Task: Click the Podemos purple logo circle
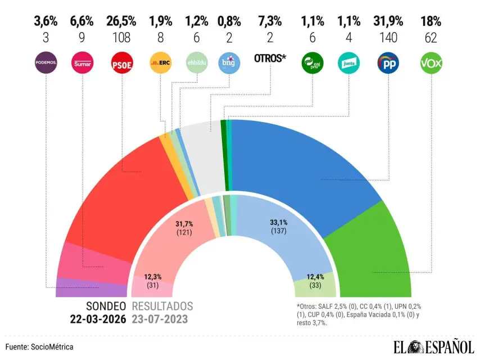pyautogui.click(x=46, y=63)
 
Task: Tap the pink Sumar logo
pyautogui.click(x=83, y=63)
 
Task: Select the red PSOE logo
pyautogui.click(x=121, y=63)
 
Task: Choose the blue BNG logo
pyautogui.click(x=229, y=63)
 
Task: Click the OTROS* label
pyautogui.click(x=270, y=58)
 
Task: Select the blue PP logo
pyautogui.click(x=388, y=63)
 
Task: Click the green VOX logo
pyautogui.click(x=431, y=63)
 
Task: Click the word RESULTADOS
pyautogui.click(x=162, y=306)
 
